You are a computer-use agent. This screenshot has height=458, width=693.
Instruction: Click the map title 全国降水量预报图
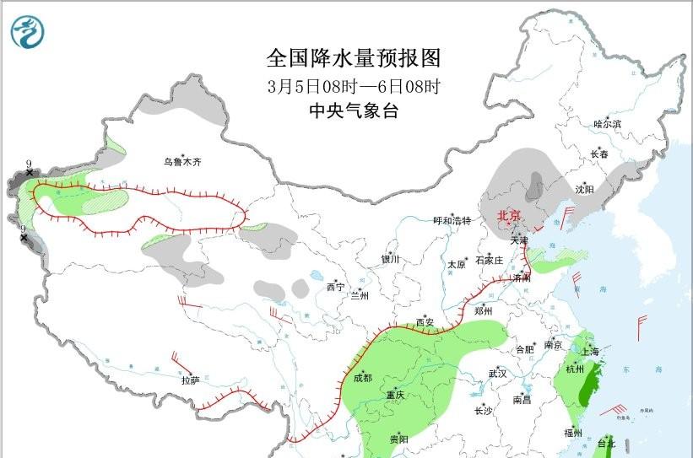pyautogui.click(x=354, y=58)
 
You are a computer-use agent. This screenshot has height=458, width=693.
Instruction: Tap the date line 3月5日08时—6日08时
pyautogui.click(x=354, y=85)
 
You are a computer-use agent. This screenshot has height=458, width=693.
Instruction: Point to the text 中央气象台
pyautogui.click(x=354, y=110)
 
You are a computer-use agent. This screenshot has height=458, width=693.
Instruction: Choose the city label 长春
pyautogui.click(x=598, y=154)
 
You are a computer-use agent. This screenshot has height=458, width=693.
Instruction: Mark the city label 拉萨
pyautogui.click(x=190, y=380)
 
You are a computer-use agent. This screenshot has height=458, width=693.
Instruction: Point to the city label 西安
pyautogui.click(x=425, y=322)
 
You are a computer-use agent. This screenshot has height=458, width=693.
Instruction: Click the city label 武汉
pyautogui.click(x=497, y=373)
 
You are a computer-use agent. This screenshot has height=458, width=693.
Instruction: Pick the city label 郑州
pyautogui.click(x=484, y=310)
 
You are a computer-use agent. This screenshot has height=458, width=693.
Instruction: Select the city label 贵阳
pyautogui.click(x=399, y=439)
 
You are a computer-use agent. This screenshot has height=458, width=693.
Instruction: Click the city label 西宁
pyautogui.click(x=335, y=288)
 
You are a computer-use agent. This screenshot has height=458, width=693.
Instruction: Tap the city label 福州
pyautogui.click(x=575, y=433)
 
